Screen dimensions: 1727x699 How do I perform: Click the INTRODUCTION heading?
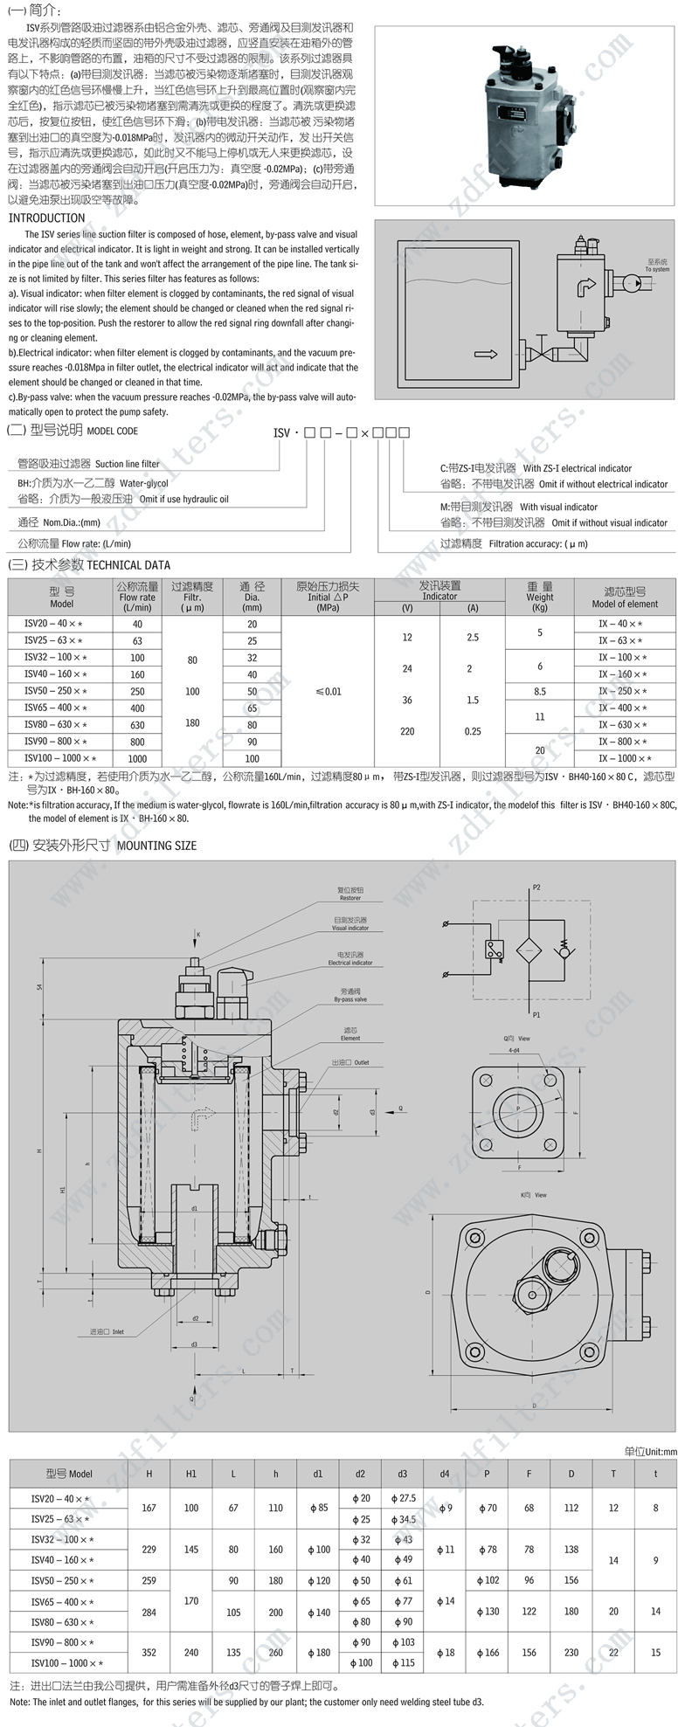tap(46, 218)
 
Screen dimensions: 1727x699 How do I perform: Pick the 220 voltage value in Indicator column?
tap(407, 731)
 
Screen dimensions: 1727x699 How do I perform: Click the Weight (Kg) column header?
tap(540, 597)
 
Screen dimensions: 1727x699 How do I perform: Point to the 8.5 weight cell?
tap(540, 691)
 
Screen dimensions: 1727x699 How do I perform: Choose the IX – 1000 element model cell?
tap(625, 758)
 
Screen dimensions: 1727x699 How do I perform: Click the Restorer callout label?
tap(349, 894)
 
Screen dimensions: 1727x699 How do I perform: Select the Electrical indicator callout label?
tap(349, 958)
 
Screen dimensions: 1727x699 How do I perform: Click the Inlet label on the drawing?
tap(107, 1332)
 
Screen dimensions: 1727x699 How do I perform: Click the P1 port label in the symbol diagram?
tap(536, 1015)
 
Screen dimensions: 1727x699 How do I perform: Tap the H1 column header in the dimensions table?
tap(191, 1474)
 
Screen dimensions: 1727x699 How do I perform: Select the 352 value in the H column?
tap(149, 1652)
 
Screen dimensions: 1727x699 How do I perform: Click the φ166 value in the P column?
tap(486, 1652)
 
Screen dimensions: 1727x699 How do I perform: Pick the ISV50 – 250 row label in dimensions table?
tap(62, 1580)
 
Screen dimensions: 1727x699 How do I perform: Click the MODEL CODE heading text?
tap(112, 432)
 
